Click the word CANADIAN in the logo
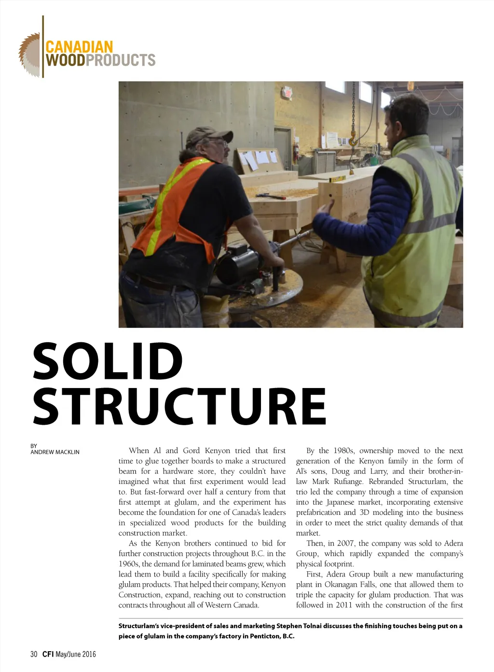(x=79, y=47)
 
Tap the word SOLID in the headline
(x=108, y=361)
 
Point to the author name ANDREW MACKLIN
(x=55, y=452)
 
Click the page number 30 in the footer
(x=34, y=654)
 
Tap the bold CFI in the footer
(x=48, y=654)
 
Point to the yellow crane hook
(x=354, y=139)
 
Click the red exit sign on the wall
(x=288, y=92)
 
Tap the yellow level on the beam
(x=338, y=179)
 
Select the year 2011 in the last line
(x=344, y=605)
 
